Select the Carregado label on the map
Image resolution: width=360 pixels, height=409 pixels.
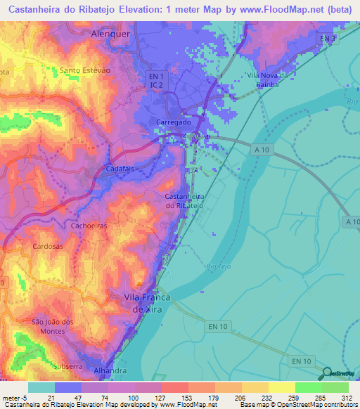[x=172, y=122]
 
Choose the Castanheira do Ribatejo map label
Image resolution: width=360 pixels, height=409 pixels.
[x=184, y=200]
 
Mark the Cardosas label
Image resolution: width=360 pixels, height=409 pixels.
[x=49, y=247]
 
